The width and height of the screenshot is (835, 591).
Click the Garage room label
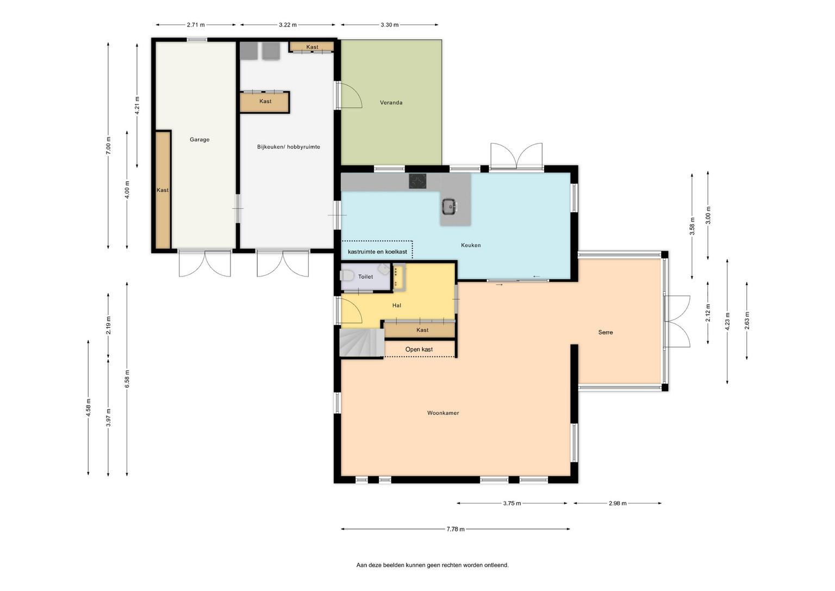pos(200,139)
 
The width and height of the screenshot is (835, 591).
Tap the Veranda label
pos(391,103)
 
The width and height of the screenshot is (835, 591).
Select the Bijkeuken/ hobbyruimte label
pos(289,147)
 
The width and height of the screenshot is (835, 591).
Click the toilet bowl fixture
pos(347,276)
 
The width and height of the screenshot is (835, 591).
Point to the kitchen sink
pos(450,206)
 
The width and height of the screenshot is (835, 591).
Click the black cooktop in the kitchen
pos(418,181)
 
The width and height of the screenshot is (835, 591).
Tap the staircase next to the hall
pos(362,342)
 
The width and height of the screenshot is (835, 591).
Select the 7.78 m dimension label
pos(456,529)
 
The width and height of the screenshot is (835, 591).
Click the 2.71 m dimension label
pos(196,25)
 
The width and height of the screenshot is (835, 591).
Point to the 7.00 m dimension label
pos(109,145)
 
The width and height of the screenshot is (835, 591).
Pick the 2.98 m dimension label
pos(618,503)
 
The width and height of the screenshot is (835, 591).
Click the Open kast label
pos(419,349)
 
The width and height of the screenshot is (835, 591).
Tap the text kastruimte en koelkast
pos(377,252)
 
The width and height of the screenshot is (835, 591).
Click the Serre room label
pos(606,332)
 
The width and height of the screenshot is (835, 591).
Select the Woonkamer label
pos(443,413)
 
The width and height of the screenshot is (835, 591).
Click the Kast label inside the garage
pos(163,190)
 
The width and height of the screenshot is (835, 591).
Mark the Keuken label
pos(471,245)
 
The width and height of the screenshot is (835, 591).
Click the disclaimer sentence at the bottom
pos(432,565)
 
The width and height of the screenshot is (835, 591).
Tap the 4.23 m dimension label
pos(727,321)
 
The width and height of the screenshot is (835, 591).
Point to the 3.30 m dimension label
pos(390,25)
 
